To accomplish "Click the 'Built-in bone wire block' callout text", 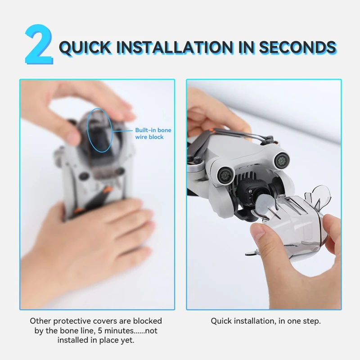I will [153, 133].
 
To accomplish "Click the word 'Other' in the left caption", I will [40, 321].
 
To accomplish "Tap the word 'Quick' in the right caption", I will [221, 321].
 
